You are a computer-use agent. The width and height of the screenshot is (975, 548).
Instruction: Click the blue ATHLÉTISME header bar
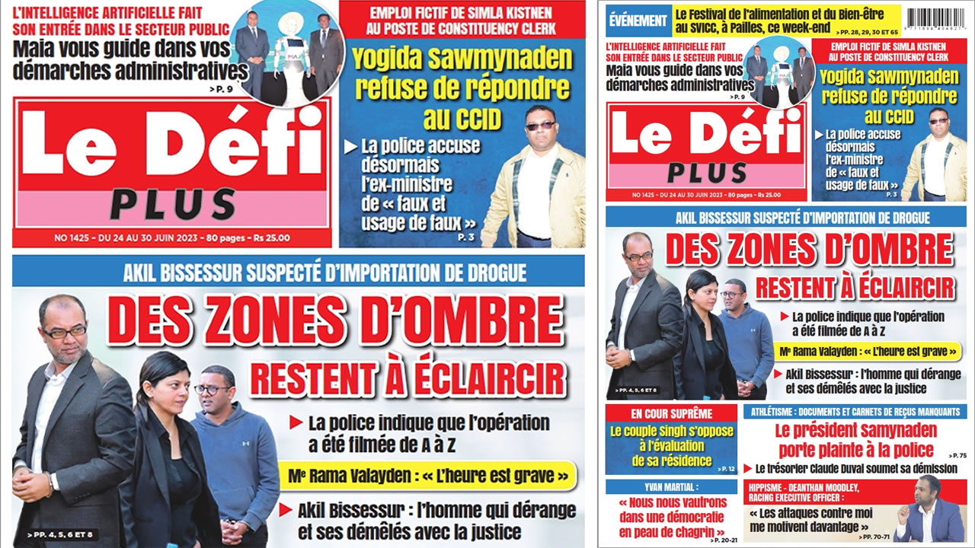pos(855,412)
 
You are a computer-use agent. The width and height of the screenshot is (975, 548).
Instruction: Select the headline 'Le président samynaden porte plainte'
pos(855,439)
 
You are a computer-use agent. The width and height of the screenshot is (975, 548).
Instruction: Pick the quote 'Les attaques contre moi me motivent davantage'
pos(812,520)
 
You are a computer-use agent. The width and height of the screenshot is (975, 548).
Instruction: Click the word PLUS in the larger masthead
pos(172,204)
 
